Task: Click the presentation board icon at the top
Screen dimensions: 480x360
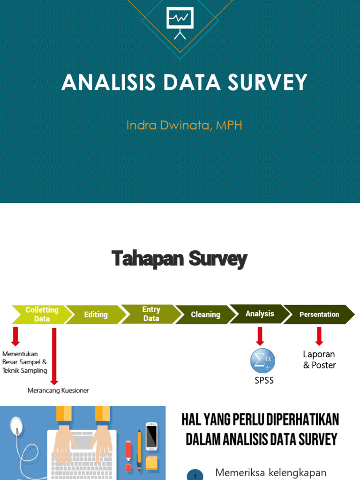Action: tap(180, 22)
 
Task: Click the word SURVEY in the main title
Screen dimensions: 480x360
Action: tap(268, 82)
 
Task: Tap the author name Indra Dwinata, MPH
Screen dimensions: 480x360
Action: tap(184, 125)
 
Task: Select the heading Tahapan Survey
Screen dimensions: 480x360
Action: tap(180, 259)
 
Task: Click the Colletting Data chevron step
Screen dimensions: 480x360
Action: tap(41, 315)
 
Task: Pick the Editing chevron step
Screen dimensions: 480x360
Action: tap(96, 315)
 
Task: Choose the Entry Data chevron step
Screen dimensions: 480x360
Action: tap(151, 314)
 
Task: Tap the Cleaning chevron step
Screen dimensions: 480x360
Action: tap(205, 315)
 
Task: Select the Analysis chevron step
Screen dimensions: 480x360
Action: tap(260, 314)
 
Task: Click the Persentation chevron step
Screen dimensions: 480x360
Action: tap(319, 315)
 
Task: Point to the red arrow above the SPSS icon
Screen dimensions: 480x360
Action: tap(260, 336)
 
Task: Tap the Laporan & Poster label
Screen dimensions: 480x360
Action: tap(319, 360)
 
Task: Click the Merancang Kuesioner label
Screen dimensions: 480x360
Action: tap(58, 390)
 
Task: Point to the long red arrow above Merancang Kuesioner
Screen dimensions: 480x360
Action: tap(54, 356)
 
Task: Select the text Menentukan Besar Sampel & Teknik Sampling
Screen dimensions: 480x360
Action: tap(25, 362)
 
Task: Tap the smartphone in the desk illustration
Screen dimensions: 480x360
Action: tap(151, 436)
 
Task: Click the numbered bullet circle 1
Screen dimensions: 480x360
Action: tap(195, 475)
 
